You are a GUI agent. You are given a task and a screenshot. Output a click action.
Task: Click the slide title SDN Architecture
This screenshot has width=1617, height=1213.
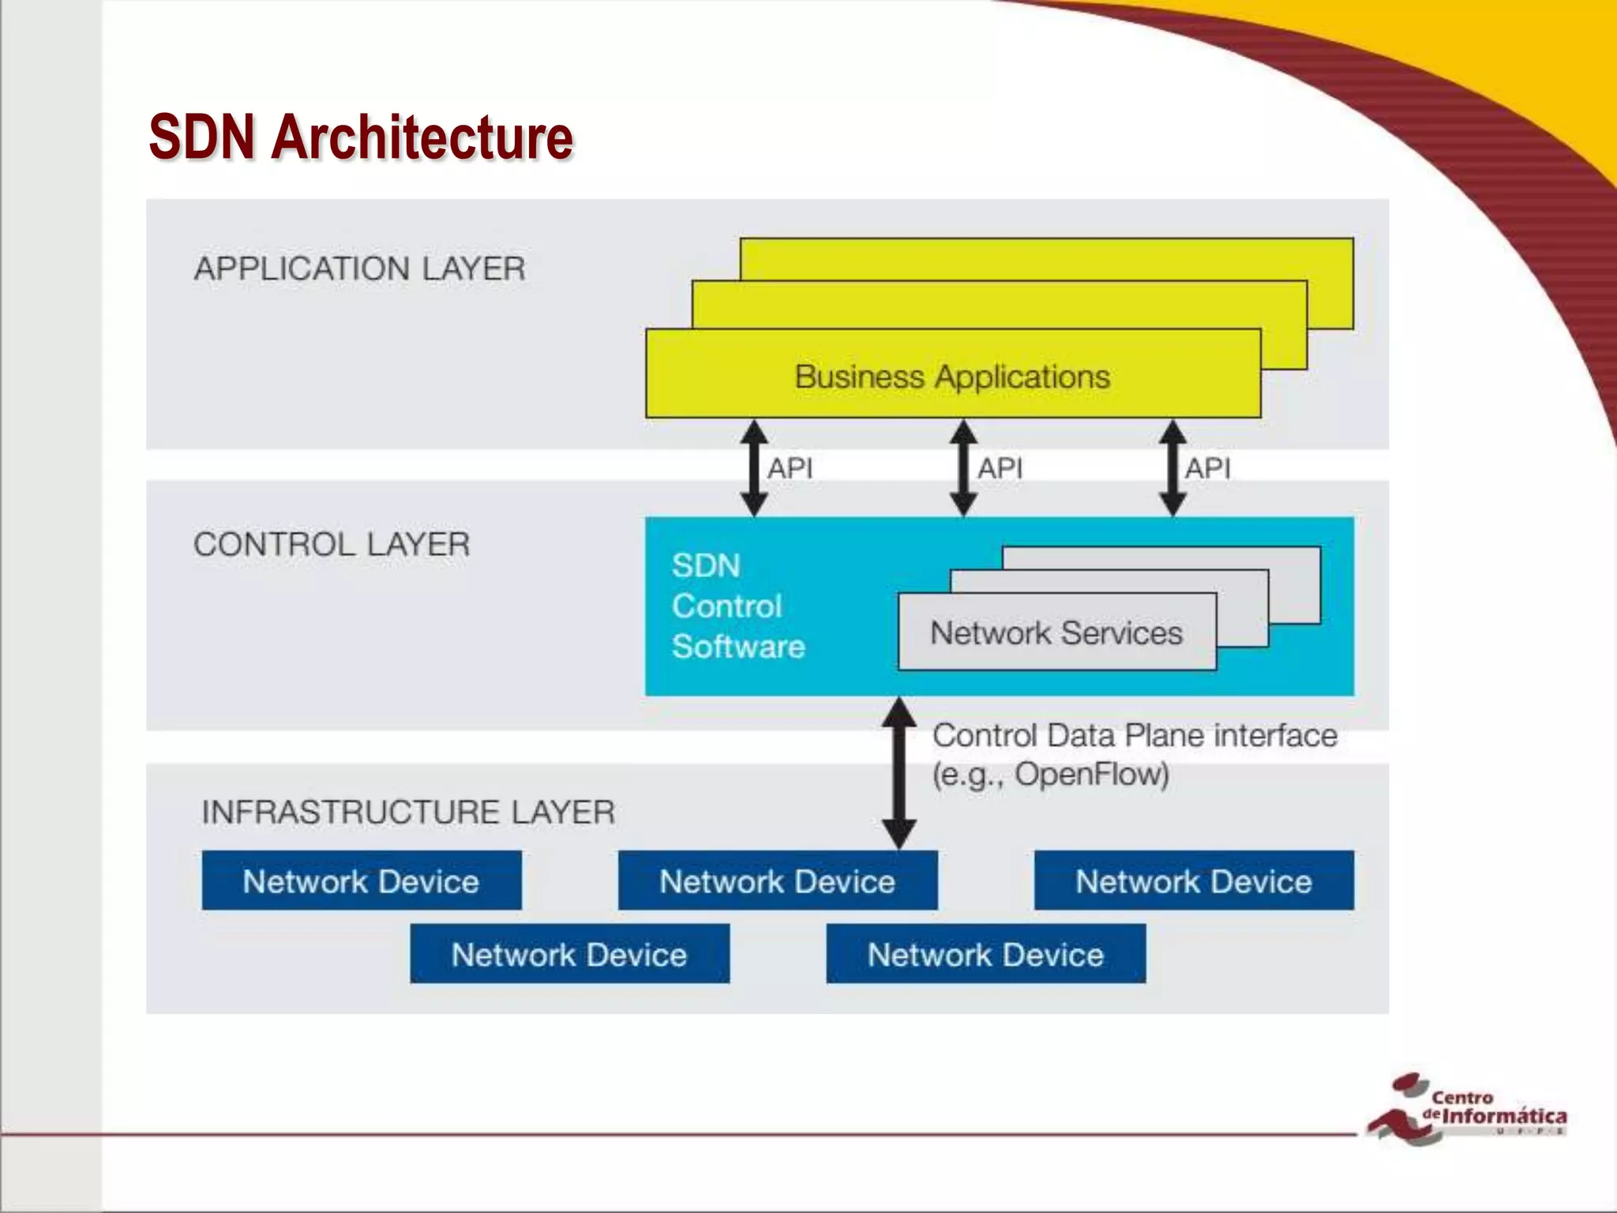coord(361,137)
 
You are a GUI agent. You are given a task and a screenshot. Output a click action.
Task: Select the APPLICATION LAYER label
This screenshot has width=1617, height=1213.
coord(359,269)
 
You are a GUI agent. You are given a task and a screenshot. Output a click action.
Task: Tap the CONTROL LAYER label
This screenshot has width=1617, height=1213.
coord(332,544)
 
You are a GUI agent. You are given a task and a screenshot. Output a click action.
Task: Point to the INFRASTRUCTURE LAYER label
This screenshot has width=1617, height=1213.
coord(408,812)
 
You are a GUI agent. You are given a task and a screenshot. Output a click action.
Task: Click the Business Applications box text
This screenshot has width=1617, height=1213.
coord(952,377)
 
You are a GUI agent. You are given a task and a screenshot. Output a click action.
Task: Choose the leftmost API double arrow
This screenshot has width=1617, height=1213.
coord(754,468)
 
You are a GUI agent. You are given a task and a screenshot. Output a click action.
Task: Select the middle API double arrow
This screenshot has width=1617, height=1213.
coord(963,468)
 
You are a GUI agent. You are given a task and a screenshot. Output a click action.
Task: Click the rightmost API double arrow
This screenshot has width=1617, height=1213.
coord(1172,468)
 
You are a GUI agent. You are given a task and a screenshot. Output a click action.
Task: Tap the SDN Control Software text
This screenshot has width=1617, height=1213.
coord(738,606)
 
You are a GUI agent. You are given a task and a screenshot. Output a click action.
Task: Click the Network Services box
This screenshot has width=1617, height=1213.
coord(1056,633)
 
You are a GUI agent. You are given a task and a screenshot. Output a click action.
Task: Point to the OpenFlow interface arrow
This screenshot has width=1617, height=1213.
coord(899,773)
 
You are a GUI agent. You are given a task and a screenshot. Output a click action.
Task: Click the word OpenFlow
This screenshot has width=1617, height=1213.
coord(1090,774)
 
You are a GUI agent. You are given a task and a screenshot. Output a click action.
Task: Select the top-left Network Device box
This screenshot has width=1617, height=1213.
coord(361,881)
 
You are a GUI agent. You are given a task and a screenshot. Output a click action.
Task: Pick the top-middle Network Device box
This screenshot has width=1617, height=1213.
coord(778,881)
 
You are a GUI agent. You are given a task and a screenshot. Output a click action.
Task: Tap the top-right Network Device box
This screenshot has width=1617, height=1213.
coord(1194,881)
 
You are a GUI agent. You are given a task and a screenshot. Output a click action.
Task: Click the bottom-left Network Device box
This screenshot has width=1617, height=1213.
coord(569,954)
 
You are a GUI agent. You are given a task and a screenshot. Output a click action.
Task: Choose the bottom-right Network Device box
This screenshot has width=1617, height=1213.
coord(985,954)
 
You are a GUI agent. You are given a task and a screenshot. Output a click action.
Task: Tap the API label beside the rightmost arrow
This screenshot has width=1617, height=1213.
coord(1207,468)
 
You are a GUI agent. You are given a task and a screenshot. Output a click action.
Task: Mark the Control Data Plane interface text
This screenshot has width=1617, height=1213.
coord(1135,736)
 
